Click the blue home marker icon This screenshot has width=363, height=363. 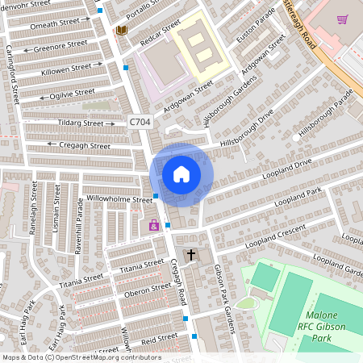coord(181,173)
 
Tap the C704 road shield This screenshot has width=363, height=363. coord(140,122)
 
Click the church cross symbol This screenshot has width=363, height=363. coord(191,256)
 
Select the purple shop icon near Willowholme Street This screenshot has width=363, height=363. coord(153,226)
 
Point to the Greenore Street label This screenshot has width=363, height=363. coord(60,47)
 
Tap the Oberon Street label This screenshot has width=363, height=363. coord(145,294)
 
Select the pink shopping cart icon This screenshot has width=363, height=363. coord(342,19)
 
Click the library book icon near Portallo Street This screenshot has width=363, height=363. coord(121,31)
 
